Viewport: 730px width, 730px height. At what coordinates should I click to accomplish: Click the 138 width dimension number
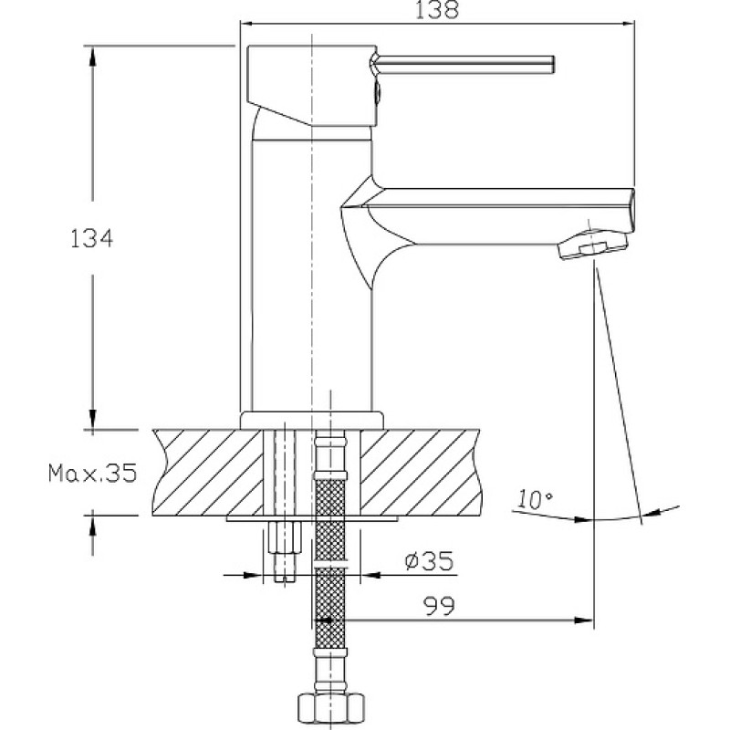point(437,9)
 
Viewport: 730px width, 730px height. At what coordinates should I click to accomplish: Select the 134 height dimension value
point(91,239)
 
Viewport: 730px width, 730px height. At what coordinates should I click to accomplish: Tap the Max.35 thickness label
point(93,473)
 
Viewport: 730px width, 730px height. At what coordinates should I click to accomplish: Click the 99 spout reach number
point(439,606)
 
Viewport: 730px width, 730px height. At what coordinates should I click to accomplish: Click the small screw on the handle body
point(377,90)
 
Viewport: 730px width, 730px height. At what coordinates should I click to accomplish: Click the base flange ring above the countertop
point(312,421)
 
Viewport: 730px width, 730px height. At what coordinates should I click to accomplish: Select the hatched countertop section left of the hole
point(208,472)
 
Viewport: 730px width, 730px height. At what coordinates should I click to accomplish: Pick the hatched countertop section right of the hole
point(421,472)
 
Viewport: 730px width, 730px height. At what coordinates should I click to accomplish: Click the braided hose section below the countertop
point(330,563)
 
